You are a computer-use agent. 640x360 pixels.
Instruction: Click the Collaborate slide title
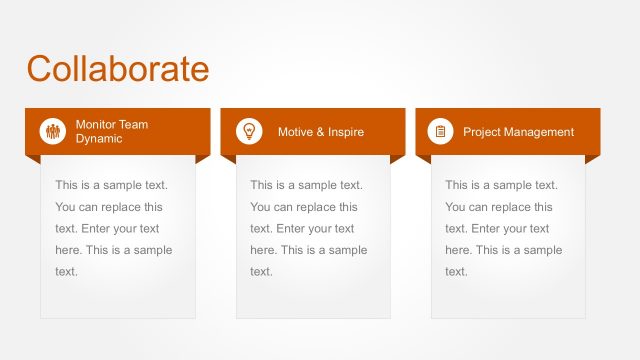pyautogui.click(x=118, y=68)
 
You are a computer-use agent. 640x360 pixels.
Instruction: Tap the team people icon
pyautogui.click(x=52, y=131)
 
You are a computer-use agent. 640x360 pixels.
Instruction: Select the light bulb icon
pyautogui.click(x=248, y=131)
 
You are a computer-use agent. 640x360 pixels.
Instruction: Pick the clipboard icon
pyautogui.click(x=440, y=131)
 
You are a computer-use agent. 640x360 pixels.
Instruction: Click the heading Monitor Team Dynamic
pyautogui.click(x=112, y=131)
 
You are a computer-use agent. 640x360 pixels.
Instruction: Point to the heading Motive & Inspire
pyautogui.click(x=320, y=132)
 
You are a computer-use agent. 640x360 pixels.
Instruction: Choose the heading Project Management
pyautogui.click(x=518, y=132)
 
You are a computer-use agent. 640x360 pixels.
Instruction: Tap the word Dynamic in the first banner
pyautogui.click(x=99, y=139)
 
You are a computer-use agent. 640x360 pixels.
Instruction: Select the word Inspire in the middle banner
pyautogui.click(x=344, y=132)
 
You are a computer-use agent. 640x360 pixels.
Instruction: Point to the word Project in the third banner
pyautogui.click(x=481, y=132)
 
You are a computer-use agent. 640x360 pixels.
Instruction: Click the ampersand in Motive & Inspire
pyautogui.click(x=319, y=132)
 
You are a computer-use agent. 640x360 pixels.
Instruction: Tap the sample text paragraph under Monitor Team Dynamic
pyautogui.click(x=114, y=228)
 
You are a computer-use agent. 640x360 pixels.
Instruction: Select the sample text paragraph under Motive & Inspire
pyautogui.click(x=309, y=228)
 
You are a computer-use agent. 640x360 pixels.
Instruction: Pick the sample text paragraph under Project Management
pyautogui.click(x=504, y=228)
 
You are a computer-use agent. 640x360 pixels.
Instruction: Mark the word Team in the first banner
pyautogui.click(x=134, y=124)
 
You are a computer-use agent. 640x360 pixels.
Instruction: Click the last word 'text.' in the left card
pyautogui.click(x=66, y=271)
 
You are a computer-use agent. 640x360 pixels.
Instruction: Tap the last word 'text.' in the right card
pyautogui.click(x=456, y=271)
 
